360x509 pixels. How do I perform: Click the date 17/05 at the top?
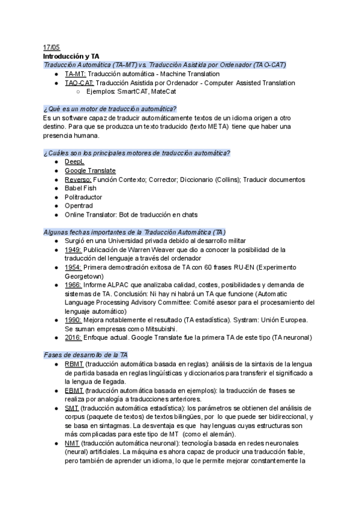(x=52, y=47)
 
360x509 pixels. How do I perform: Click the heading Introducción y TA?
(x=71, y=56)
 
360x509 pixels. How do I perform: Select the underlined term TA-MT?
(x=75, y=74)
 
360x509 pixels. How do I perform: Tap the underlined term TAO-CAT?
(x=79, y=83)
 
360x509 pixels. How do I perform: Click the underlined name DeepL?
(x=74, y=162)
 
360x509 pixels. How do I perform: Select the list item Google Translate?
(x=90, y=171)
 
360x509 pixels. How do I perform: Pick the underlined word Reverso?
(x=78, y=180)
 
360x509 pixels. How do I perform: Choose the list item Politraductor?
(x=83, y=197)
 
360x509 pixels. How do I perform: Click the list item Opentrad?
(x=79, y=206)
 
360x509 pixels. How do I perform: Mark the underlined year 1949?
(x=73, y=250)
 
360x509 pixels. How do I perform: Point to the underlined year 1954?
(x=73, y=267)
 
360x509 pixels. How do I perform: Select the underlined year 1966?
(x=73, y=285)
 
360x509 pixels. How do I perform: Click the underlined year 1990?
(x=73, y=321)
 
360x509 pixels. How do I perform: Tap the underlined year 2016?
(x=73, y=338)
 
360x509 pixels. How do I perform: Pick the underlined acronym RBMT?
(x=74, y=364)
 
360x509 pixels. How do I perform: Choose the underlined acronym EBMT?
(x=74, y=391)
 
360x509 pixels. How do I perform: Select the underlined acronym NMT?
(x=72, y=444)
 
